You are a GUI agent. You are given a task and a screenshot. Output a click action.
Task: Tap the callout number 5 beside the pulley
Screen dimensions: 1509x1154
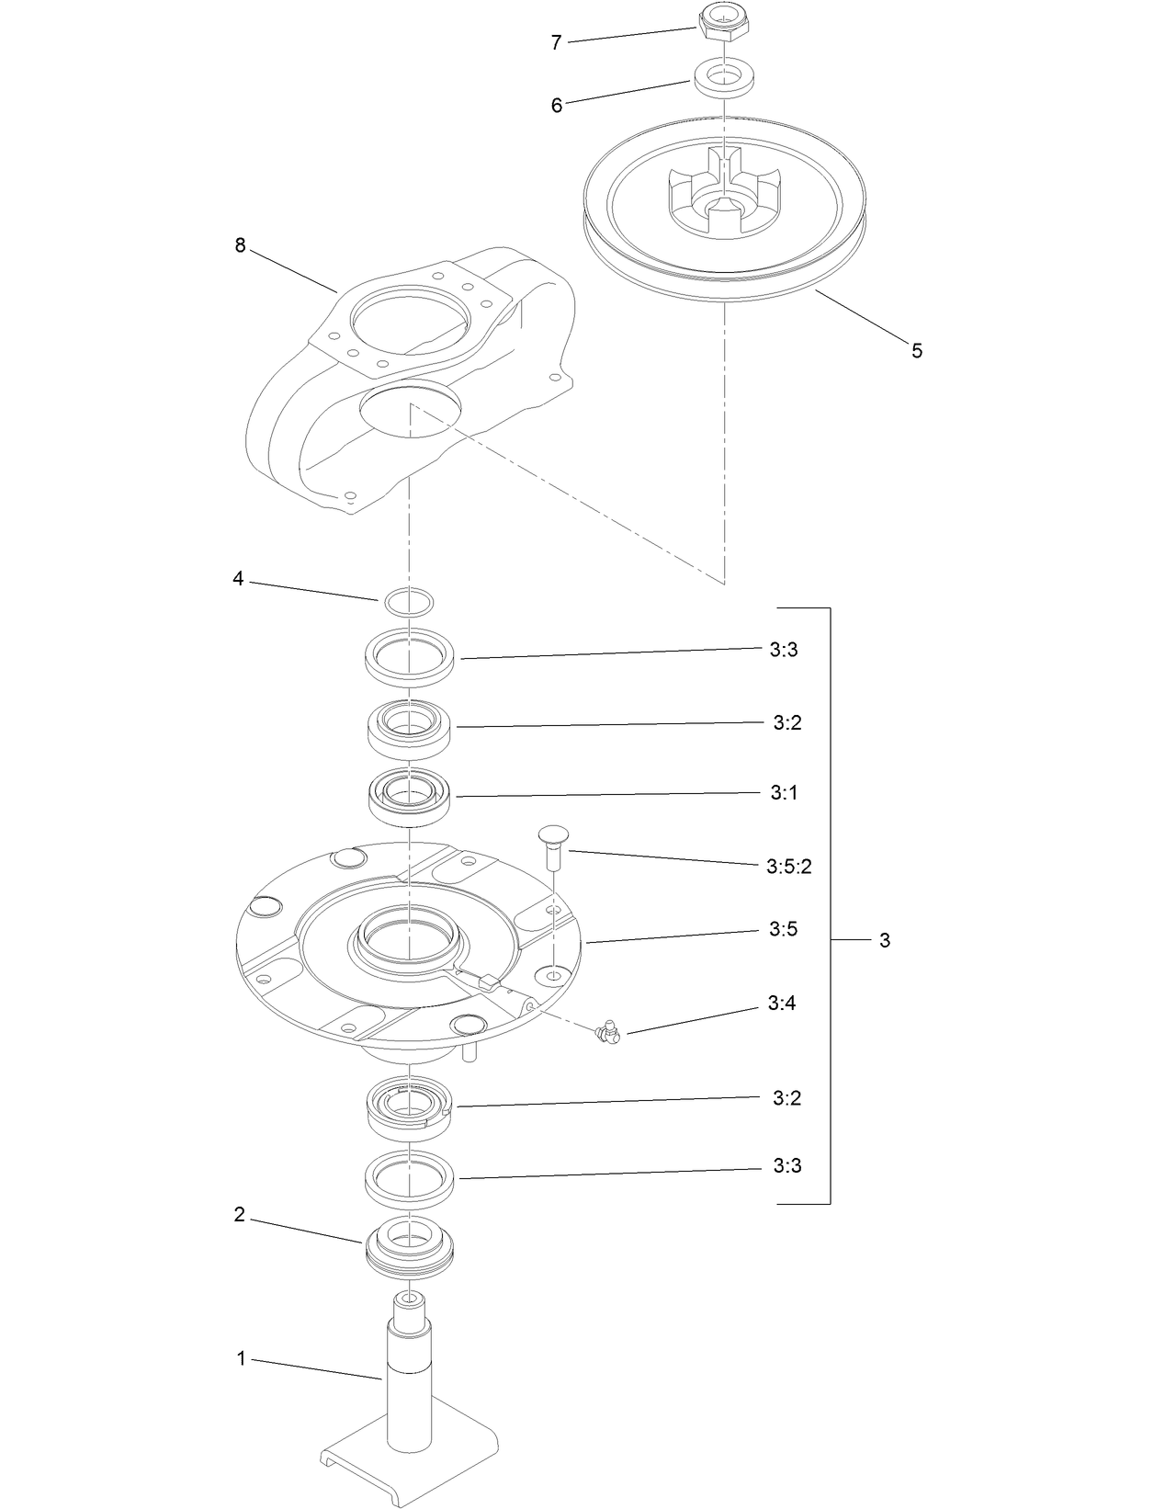pos(916,350)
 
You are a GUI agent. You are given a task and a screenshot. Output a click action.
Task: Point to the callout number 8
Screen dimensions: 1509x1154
pos(240,245)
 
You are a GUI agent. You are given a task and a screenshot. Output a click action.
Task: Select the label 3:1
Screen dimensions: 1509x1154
pos(784,792)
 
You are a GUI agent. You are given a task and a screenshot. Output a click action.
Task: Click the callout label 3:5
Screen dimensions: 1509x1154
pos(783,929)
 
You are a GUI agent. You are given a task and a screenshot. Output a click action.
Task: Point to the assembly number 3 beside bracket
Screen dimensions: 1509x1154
pos(884,940)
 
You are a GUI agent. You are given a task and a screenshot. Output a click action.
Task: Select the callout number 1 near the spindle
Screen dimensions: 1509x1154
pos(242,1358)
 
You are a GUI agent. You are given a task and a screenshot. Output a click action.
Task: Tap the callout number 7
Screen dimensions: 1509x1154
pos(556,42)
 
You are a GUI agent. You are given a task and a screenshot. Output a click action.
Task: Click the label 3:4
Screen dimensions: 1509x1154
pos(781,1003)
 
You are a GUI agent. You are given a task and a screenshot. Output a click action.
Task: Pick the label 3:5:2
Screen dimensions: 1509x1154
pos(788,866)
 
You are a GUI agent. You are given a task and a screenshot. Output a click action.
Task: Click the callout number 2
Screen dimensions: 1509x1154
pos(240,1215)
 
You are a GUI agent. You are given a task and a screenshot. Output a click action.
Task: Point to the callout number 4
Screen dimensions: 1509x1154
pos(238,580)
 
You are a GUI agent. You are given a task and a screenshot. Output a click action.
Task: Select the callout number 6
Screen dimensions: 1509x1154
pos(556,105)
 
